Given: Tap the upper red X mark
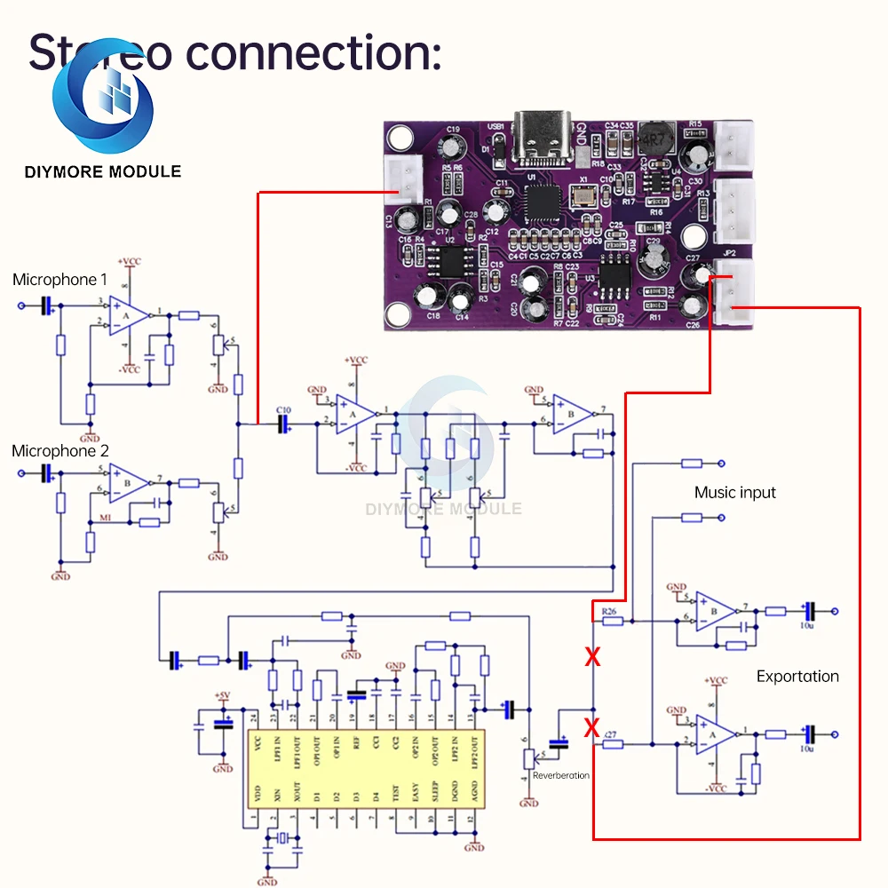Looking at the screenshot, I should pos(591,658).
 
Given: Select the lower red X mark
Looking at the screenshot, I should pos(591,729).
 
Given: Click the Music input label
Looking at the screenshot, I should pos(734,493).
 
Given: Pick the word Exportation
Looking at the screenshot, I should pos(797,677).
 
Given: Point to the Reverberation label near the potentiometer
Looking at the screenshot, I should pos(560,775).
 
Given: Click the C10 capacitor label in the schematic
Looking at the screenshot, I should pos(283,409).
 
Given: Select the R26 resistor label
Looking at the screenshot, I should pos(608,612).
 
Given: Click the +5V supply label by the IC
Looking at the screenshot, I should pos(222,695).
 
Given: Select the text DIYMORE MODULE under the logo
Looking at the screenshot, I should pos(103,171).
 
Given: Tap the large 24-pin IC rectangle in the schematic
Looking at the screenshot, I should pos(364,768).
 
